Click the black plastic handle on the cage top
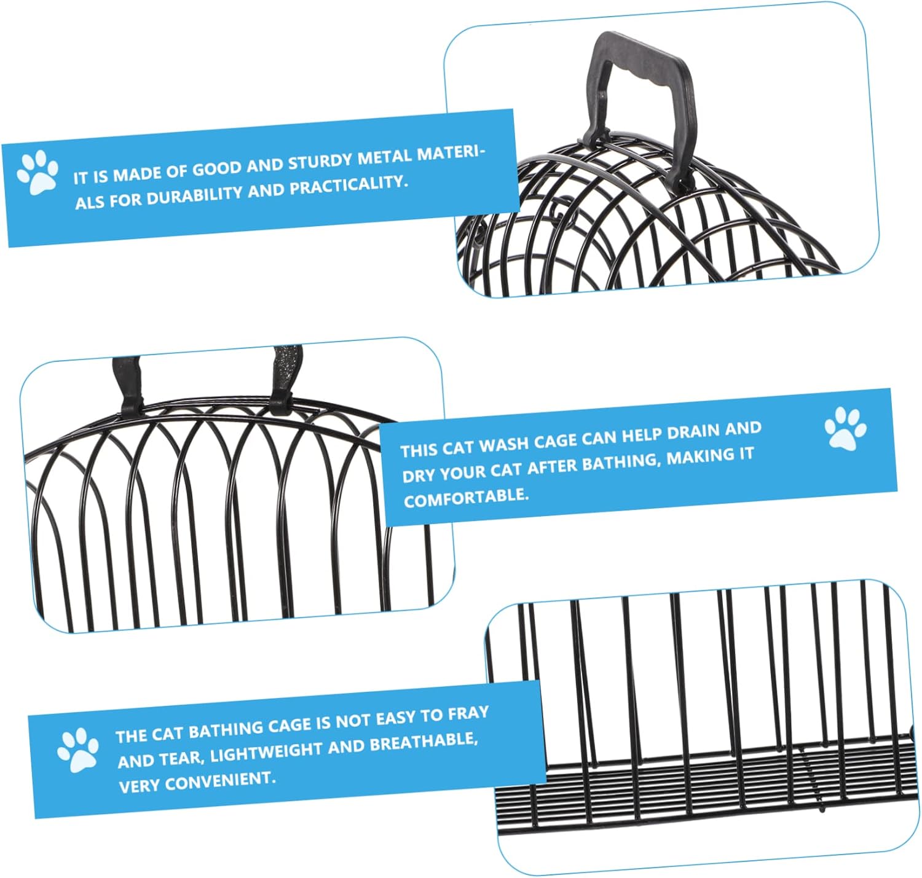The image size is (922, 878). click(639, 80)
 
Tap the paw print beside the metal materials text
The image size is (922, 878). click(37, 172)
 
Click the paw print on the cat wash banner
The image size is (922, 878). click(845, 428)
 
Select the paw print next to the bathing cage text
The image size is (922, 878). click(77, 749)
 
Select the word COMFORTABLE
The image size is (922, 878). click(466, 497)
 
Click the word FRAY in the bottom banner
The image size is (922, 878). click(468, 713)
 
